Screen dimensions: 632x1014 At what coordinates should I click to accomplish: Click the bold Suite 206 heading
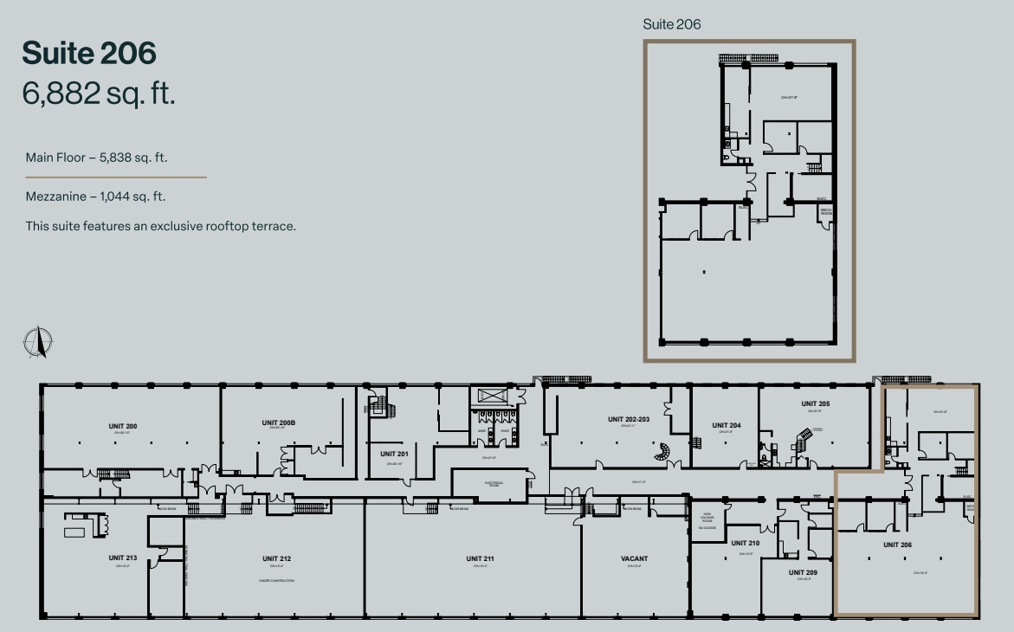(x=89, y=53)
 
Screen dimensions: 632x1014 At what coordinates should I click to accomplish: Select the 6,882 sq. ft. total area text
(x=99, y=94)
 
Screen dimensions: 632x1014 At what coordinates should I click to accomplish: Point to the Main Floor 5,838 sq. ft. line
(x=96, y=158)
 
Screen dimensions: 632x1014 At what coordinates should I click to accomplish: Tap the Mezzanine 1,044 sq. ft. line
(x=95, y=197)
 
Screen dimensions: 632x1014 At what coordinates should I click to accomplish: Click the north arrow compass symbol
(x=38, y=343)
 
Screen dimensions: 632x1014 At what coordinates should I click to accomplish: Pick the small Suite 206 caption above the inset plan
(x=671, y=24)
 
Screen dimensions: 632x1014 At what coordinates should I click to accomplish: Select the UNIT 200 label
(x=123, y=426)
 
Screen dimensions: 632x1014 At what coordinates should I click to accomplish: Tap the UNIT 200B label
(x=279, y=422)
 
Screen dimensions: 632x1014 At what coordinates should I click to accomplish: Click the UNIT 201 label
(x=393, y=453)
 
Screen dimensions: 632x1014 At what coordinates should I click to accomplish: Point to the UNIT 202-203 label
(x=628, y=419)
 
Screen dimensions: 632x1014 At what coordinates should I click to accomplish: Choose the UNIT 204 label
(x=726, y=425)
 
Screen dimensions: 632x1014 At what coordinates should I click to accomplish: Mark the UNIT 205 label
(x=815, y=404)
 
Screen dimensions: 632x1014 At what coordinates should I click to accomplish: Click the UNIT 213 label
(x=123, y=558)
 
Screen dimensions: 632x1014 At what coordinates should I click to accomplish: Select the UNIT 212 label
(x=276, y=558)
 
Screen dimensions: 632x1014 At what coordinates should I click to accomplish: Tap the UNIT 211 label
(x=479, y=558)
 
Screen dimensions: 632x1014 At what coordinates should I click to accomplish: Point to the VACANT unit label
(x=634, y=558)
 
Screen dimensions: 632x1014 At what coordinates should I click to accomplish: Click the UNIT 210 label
(x=745, y=544)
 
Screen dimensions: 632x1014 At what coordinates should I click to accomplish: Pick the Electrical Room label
(x=489, y=483)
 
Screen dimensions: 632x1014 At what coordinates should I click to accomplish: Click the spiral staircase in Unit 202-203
(x=663, y=451)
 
